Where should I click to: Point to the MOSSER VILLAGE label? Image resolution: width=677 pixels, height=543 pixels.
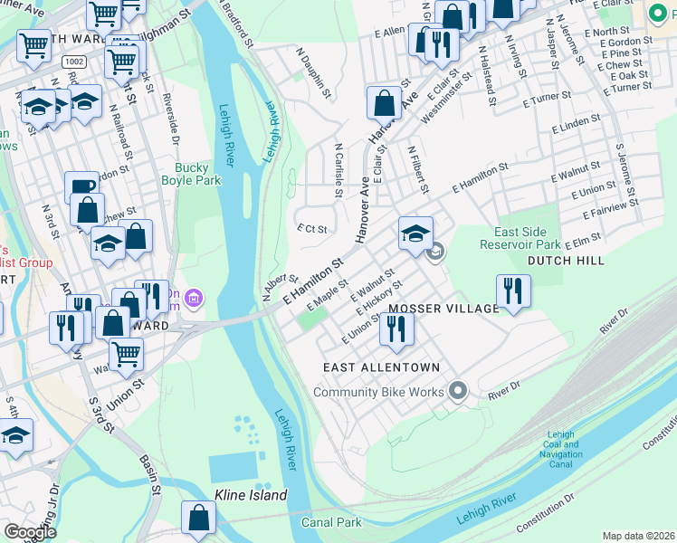click(x=443, y=309)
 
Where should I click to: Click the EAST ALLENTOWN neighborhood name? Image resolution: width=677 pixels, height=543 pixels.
click(x=382, y=367)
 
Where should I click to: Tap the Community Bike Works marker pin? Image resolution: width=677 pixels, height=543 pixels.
click(x=458, y=391)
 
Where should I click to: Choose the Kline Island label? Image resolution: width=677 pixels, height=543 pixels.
click(x=251, y=495)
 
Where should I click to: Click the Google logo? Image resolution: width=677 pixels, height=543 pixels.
click(x=30, y=531)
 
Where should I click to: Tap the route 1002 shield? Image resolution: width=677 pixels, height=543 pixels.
click(x=74, y=60)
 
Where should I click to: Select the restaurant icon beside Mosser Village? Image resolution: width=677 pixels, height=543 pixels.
click(x=513, y=291)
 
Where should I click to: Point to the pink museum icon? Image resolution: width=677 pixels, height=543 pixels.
click(x=196, y=297)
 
